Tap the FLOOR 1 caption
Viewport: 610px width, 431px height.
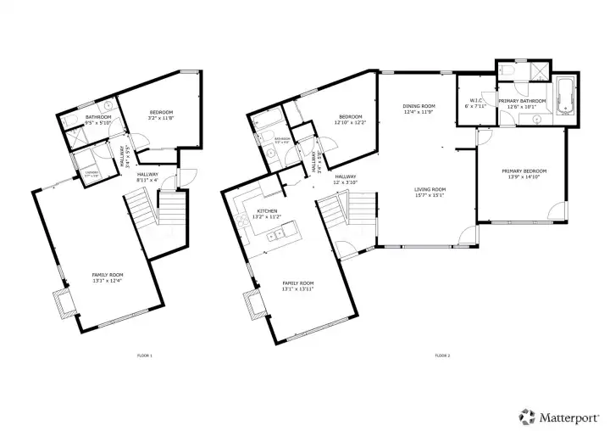pyautogui.click(x=145, y=355)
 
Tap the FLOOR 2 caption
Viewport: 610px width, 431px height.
pyautogui.click(x=442, y=355)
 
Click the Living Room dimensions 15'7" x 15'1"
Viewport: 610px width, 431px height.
pyautogui.click(x=430, y=196)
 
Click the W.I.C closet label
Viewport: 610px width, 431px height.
pyautogui.click(x=474, y=101)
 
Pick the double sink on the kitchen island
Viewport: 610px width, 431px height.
pyautogui.click(x=275, y=235)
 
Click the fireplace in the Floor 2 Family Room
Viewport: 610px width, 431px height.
pyautogui.click(x=252, y=301)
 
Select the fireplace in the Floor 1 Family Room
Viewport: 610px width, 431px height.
pyautogui.click(x=62, y=301)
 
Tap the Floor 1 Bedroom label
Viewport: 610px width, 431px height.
pyautogui.click(x=162, y=113)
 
